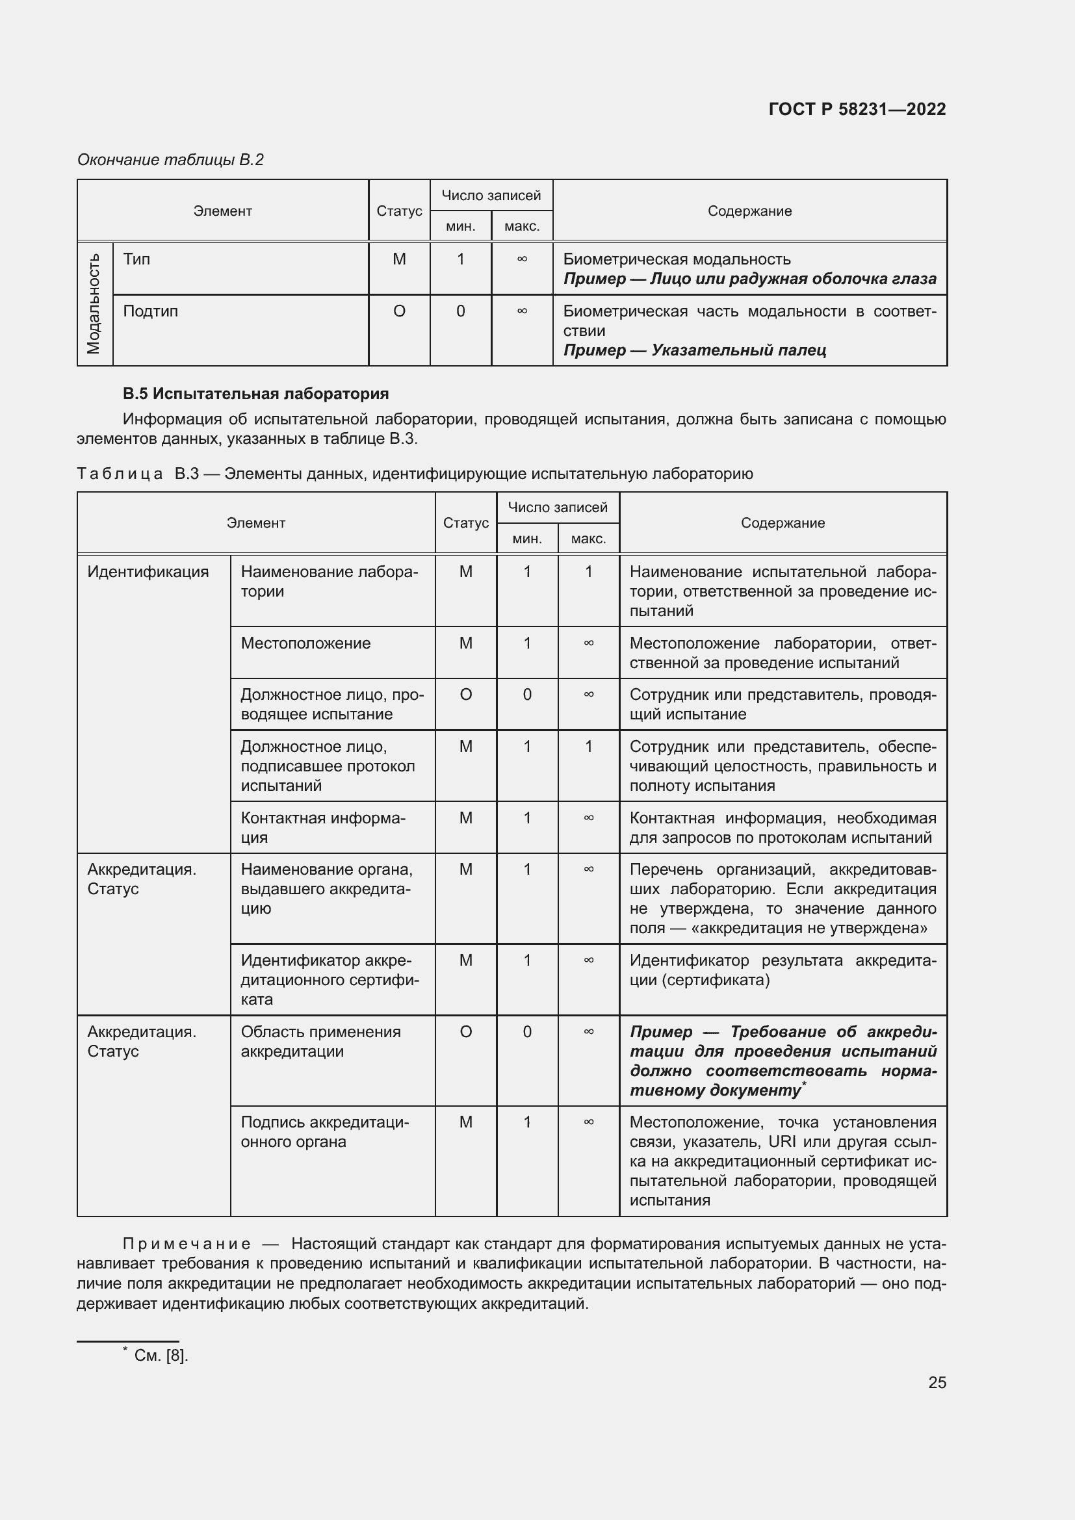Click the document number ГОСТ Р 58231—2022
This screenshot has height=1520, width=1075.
(x=857, y=109)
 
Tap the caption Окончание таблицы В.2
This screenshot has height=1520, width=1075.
(x=170, y=160)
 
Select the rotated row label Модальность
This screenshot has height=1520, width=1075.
(x=94, y=303)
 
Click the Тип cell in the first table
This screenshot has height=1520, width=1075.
(x=137, y=259)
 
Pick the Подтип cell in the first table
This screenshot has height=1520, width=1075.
(x=150, y=311)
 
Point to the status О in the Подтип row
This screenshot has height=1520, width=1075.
(x=399, y=311)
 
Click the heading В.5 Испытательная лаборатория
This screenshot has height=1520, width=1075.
(x=255, y=394)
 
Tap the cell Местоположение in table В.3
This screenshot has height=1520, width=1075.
(x=305, y=643)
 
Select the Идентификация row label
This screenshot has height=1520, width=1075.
(x=148, y=571)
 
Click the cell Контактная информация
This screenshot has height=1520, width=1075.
(x=322, y=827)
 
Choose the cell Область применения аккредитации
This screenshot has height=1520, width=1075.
(x=320, y=1041)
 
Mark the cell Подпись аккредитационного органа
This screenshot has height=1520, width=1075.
(x=324, y=1132)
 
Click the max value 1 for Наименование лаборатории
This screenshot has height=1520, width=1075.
(x=588, y=571)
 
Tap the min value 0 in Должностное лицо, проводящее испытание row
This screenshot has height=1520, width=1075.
(x=527, y=695)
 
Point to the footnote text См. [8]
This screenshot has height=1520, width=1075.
(x=161, y=1356)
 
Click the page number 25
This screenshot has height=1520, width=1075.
(x=937, y=1382)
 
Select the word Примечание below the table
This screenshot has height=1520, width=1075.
(x=187, y=1244)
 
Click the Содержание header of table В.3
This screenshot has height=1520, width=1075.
(x=783, y=523)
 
